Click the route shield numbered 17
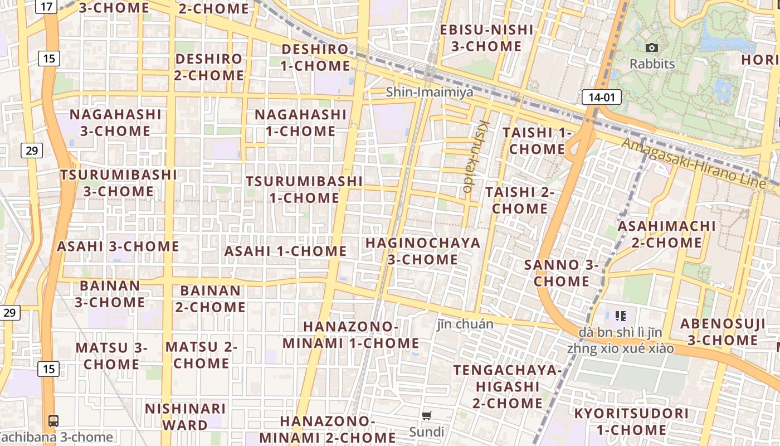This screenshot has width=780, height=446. click(47, 7)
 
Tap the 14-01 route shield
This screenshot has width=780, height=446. click(601, 98)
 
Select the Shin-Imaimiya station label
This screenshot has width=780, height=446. click(430, 92)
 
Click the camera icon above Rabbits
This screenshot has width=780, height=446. click(651, 48)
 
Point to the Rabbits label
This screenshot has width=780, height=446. click(652, 64)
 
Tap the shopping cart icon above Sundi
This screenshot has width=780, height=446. click(427, 415)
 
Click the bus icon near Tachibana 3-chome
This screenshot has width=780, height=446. click(53, 421)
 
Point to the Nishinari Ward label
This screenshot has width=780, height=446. click(185, 417)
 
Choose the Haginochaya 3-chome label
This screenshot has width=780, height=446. click(423, 251)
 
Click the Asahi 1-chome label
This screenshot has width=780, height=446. click(285, 251)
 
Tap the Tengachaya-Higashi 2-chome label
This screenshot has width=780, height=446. click(507, 386)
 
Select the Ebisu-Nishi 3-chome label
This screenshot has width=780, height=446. click(486, 38)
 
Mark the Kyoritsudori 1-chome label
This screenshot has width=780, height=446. click(631, 421)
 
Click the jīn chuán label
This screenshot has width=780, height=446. click(465, 324)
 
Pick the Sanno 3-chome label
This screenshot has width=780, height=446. click(561, 273)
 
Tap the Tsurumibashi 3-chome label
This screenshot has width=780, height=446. click(118, 183)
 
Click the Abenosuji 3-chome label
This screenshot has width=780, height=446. click(723, 332)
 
